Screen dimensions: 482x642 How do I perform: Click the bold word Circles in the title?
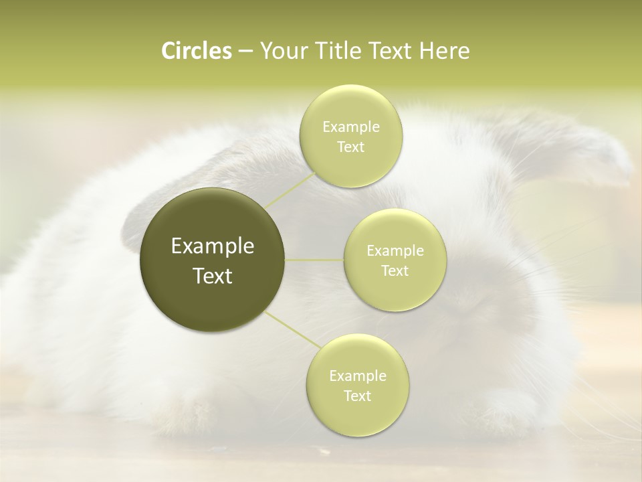pos(196,51)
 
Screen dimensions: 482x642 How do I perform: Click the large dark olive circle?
pos(213,260)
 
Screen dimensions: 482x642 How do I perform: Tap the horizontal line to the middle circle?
pos(314,260)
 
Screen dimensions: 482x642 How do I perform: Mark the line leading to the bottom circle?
pos(292,330)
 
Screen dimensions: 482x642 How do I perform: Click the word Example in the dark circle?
pos(213,246)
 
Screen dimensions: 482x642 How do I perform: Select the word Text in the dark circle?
pos(213,276)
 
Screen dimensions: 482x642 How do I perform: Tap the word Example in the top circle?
pos(351,127)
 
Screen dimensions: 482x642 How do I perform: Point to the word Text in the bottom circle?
pos(358,396)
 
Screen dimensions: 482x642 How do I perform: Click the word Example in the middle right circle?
pos(395,251)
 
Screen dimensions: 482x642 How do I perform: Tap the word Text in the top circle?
pos(351,147)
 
